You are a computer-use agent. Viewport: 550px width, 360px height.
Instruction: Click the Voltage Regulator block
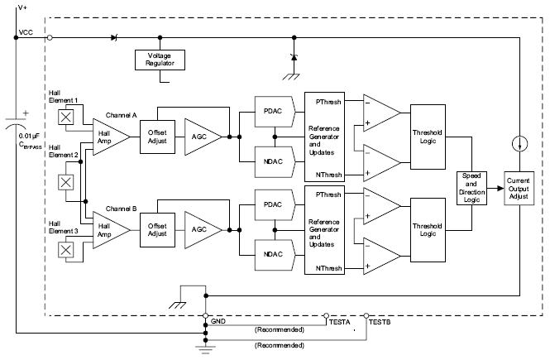point(160,60)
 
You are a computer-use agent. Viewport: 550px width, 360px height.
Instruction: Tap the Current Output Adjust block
point(519,187)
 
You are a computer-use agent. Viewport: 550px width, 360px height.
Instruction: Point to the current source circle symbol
point(519,142)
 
